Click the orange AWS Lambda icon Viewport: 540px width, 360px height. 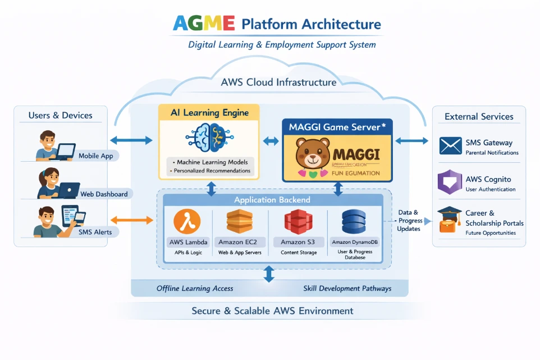(187, 221)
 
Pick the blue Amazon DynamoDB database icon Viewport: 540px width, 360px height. (354, 221)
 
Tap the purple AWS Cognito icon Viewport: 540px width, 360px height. (450, 183)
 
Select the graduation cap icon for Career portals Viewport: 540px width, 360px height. (449, 220)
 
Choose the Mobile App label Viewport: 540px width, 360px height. (95, 156)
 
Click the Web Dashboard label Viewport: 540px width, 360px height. (104, 194)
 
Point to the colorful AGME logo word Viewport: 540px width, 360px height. (204, 24)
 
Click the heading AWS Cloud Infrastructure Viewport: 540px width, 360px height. (278, 82)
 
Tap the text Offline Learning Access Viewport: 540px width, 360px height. (195, 289)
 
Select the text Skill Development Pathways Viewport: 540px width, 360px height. (347, 289)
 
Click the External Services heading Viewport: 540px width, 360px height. (479, 117)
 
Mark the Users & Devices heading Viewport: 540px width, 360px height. (60, 116)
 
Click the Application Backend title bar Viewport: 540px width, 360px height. (272, 200)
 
